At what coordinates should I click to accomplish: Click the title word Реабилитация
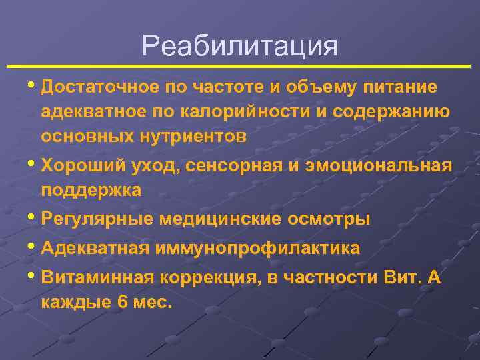pos(240,46)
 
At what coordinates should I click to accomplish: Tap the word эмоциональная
pos(377,165)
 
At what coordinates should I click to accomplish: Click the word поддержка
pos(91,190)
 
